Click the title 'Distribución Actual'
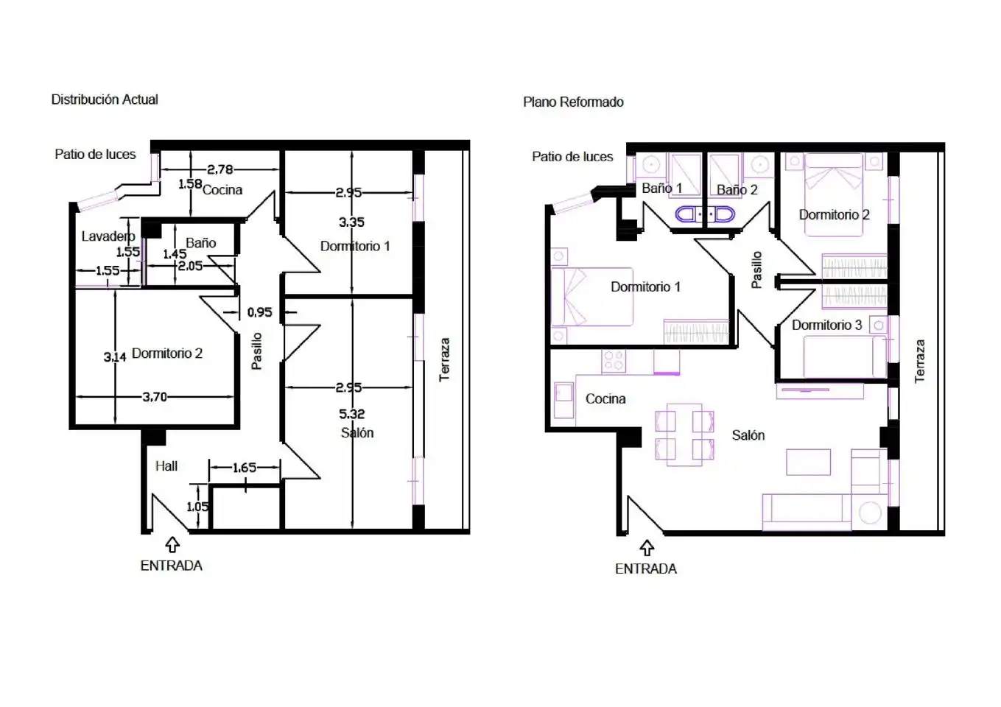pos(105,99)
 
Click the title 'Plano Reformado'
pos(573,102)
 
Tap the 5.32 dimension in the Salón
pos(351,414)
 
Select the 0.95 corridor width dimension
pos(259,312)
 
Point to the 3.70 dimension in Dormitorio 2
pos(155,396)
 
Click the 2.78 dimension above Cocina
pos(219,169)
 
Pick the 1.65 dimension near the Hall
pos(245,468)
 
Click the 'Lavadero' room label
pos(108,236)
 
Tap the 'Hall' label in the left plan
pos(166,466)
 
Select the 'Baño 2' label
pos(737,190)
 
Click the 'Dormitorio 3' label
pos(826,325)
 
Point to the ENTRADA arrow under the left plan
pos(172,545)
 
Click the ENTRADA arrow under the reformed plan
pos(647,548)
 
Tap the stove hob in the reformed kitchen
pos(614,361)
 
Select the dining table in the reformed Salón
pos(684,435)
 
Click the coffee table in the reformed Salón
pos(809,462)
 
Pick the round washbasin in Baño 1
pos(651,164)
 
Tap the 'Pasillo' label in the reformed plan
pos(756,270)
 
